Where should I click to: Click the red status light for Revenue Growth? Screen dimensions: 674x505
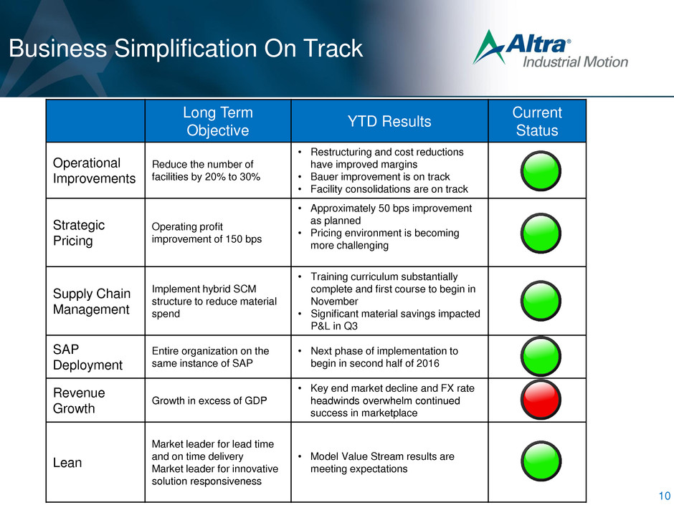click(x=541, y=400)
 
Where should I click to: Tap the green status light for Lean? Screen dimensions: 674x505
click(x=541, y=461)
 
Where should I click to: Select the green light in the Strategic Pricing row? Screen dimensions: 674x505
click(x=541, y=234)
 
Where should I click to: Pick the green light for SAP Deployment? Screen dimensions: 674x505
click(x=541, y=357)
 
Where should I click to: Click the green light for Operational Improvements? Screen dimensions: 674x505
click(x=541, y=171)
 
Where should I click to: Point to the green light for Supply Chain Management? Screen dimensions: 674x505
click(x=541, y=301)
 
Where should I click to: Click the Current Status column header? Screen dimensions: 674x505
click(x=537, y=121)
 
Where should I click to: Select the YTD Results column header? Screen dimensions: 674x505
click(x=389, y=122)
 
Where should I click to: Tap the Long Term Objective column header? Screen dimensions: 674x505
click(x=218, y=121)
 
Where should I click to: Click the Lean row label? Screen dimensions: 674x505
click(x=67, y=463)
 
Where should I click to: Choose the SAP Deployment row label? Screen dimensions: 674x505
click(x=87, y=357)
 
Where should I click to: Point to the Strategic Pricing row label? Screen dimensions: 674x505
click(x=79, y=233)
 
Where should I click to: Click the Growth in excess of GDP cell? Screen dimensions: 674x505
click(x=209, y=400)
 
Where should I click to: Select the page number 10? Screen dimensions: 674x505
click(x=664, y=495)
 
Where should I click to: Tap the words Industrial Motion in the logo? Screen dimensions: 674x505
click(x=575, y=62)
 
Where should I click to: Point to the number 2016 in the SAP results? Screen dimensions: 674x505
click(x=427, y=363)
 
